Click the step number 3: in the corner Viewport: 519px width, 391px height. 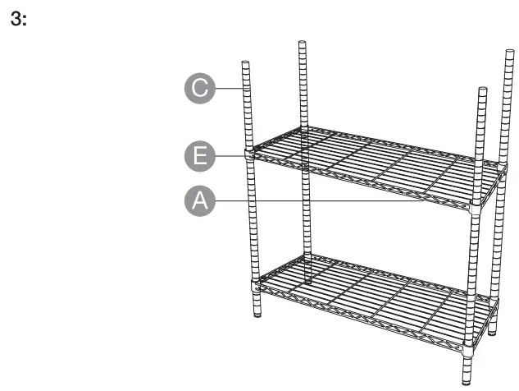tap(18, 19)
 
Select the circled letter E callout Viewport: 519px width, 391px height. tap(199, 154)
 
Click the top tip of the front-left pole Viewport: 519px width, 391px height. tap(245, 62)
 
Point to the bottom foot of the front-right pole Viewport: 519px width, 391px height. tap(467, 379)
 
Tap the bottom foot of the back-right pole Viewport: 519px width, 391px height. tap(492, 333)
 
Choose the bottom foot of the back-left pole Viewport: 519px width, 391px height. tap(308, 280)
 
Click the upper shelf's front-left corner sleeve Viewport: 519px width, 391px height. tap(248, 152)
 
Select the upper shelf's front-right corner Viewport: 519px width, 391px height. tap(476, 209)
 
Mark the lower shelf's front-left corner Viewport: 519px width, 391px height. tap(255, 286)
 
